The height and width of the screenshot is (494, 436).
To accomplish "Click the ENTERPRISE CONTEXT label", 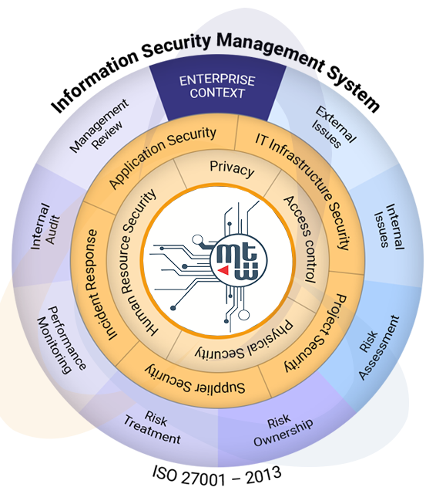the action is pyautogui.click(x=217, y=86).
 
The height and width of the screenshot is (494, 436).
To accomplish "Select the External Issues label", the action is pyautogui.click(x=334, y=127).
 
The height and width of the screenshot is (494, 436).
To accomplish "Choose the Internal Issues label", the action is pyautogui.click(x=389, y=226).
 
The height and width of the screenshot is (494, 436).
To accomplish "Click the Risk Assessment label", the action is pyautogui.click(x=379, y=347).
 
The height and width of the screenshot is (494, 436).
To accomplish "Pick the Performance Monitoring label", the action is pyautogui.click(x=62, y=340).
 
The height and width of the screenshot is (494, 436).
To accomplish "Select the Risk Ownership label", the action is pyautogui.click(x=283, y=429).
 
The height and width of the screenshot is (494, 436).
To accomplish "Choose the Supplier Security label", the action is pyautogui.click(x=195, y=381).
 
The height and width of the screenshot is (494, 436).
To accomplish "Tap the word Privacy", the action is pyautogui.click(x=232, y=168).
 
